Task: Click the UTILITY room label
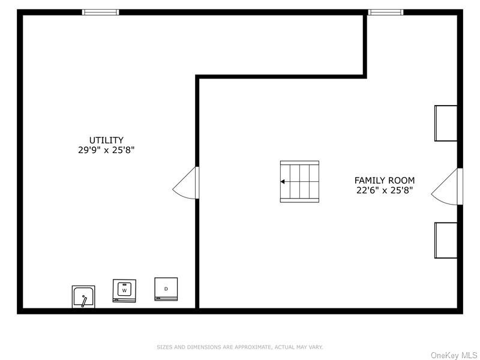106,140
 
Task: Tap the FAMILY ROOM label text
385,181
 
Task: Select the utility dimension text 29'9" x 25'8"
106,150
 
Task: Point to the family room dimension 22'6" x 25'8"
385,190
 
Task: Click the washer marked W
124,290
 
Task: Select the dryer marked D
166,289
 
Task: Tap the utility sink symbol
83,296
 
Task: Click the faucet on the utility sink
84,301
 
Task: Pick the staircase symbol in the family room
299,182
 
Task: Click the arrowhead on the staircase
283,182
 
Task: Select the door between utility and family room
186,183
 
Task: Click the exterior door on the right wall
446,187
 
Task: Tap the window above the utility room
100,12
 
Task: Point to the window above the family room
385,12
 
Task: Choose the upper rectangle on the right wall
446,124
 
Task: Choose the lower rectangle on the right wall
446,241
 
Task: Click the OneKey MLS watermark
454,355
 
